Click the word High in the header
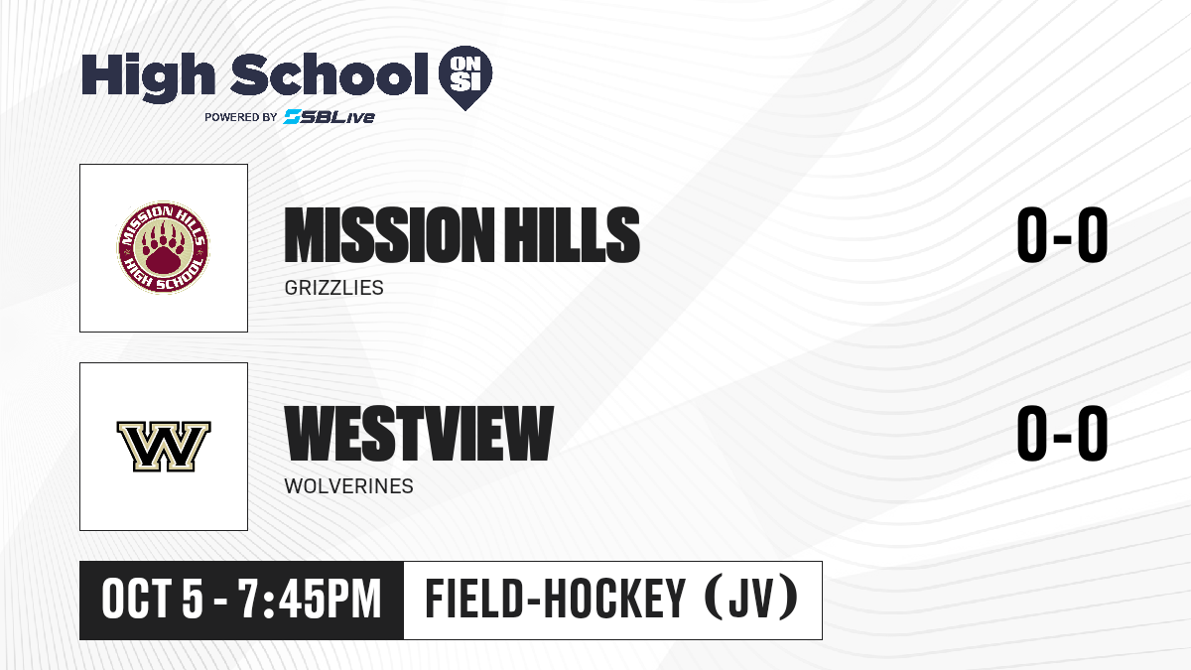point(148,76)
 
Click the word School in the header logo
point(330,73)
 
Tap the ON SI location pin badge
point(465,77)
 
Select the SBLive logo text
point(330,116)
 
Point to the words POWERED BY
point(241,117)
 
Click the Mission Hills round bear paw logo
point(163,247)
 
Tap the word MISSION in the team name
point(390,234)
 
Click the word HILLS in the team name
point(572,234)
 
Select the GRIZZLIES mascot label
point(333,288)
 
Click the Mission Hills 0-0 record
point(1062,234)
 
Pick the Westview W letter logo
point(164,446)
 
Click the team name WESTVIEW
point(419,433)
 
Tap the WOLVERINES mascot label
point(348,486)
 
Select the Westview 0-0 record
point(1062,433)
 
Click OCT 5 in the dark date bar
point(152,600)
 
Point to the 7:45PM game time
point(310,600)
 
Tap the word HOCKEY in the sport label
point(614,600)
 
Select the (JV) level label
point(752,600)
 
